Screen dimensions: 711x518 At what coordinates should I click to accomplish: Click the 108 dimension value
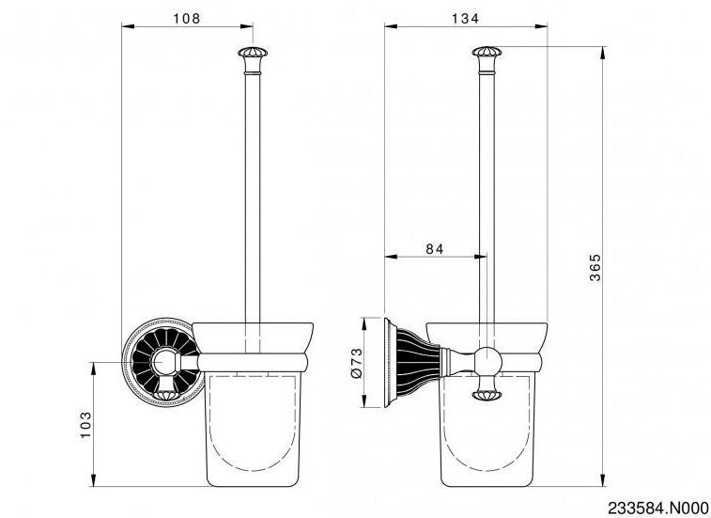186,19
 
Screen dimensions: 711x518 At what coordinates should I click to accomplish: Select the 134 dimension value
465,19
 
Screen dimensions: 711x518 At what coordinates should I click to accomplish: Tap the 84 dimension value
435,249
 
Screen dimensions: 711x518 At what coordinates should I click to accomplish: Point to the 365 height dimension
595,267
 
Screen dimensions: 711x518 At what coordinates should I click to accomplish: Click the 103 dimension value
85,425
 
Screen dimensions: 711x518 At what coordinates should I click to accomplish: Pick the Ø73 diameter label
357,363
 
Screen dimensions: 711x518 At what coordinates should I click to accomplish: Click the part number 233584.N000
658,508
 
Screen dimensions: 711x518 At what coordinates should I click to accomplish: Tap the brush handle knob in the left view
253,53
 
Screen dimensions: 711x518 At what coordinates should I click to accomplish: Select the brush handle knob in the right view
487,52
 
